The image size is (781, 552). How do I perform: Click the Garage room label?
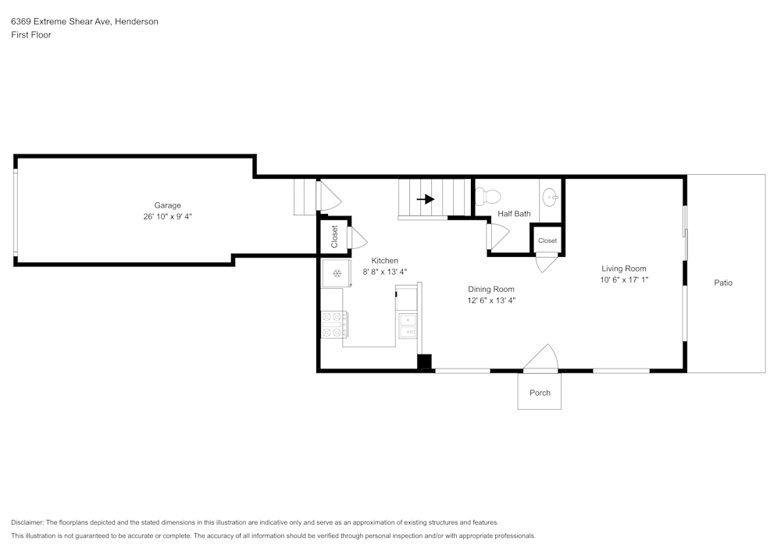(167, 205)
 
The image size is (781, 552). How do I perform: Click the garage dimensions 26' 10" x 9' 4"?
(167, 216)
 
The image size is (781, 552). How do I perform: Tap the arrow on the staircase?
(425, 199)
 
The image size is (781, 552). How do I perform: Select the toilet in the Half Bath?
(489, 195)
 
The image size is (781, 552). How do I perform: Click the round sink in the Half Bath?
(550, 195)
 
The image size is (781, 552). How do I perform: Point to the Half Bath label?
(514, 214)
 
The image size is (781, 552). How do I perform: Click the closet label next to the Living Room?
(547, 240)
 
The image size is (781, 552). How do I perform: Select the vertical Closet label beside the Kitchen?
(335, 237)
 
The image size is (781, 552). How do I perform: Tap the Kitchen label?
(384, 261)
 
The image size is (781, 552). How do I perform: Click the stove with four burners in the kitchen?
(333, 325)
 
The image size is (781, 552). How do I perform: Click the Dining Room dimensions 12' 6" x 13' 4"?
(491, 300)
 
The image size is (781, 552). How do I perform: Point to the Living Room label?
(623, 269)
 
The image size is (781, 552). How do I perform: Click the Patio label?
(723, 283)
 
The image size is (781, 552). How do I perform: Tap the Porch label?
(540, 393)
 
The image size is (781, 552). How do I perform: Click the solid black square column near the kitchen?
(424, 362)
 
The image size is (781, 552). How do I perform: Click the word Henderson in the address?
(137, 22)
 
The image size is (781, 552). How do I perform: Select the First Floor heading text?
(31, 35)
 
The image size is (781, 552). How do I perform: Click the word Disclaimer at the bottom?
(27, 522)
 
